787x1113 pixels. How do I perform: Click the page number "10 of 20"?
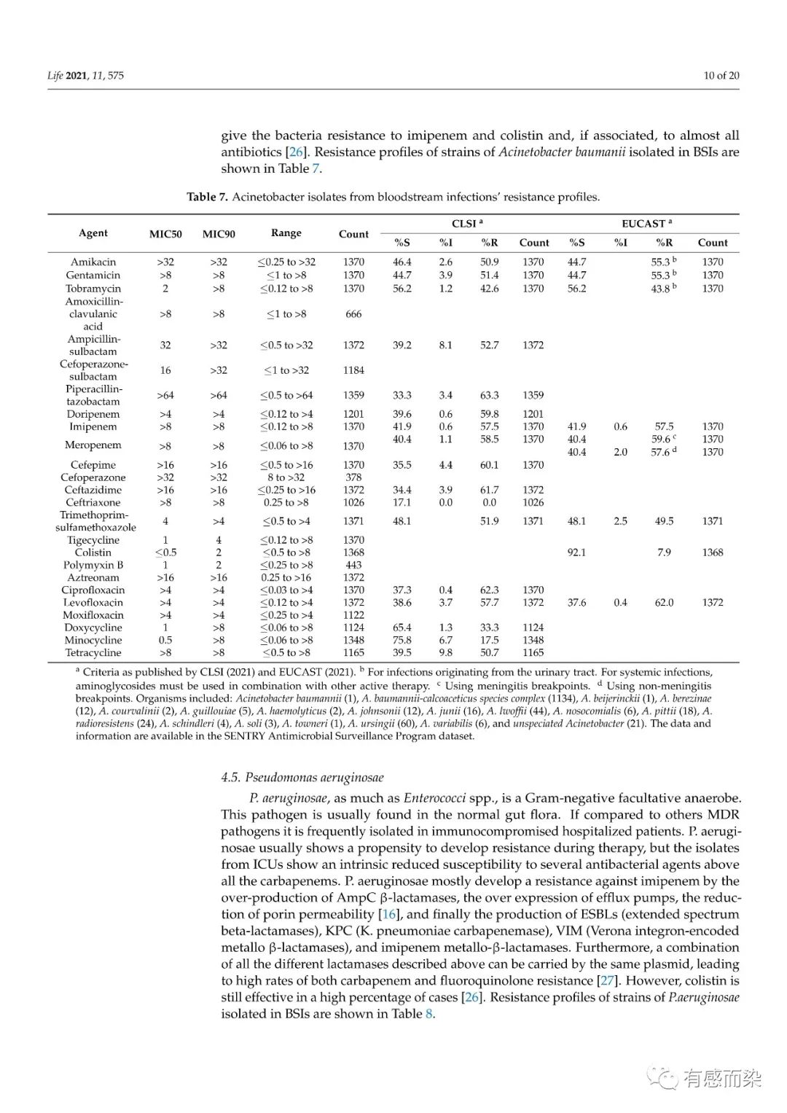[721, 75]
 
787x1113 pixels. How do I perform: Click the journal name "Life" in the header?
[55, 75]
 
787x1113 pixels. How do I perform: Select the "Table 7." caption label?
[207, 197]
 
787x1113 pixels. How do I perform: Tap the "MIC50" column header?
[165, 234]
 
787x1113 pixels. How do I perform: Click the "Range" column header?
[286, 233]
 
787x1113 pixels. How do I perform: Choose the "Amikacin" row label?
[93, 262]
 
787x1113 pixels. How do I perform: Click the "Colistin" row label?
[93, 552]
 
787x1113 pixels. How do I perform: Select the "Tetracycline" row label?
[93, 652]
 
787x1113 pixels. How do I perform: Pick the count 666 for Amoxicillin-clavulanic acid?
[353, 314]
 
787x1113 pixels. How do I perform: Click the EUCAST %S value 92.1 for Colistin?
[576, 552]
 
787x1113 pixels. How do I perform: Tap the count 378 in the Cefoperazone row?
[353, 477]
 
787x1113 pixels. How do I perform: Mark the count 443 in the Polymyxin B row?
[353, 565]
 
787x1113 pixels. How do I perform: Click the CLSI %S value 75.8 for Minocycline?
[402, 640]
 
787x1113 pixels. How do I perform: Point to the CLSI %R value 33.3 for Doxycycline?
[489, 628]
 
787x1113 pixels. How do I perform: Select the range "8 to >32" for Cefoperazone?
[286, 477]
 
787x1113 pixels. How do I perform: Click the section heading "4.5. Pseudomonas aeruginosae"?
[302, 777]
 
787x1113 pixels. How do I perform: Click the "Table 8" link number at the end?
[429, 1014]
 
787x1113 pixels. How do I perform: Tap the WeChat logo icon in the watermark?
[664, 1077]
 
